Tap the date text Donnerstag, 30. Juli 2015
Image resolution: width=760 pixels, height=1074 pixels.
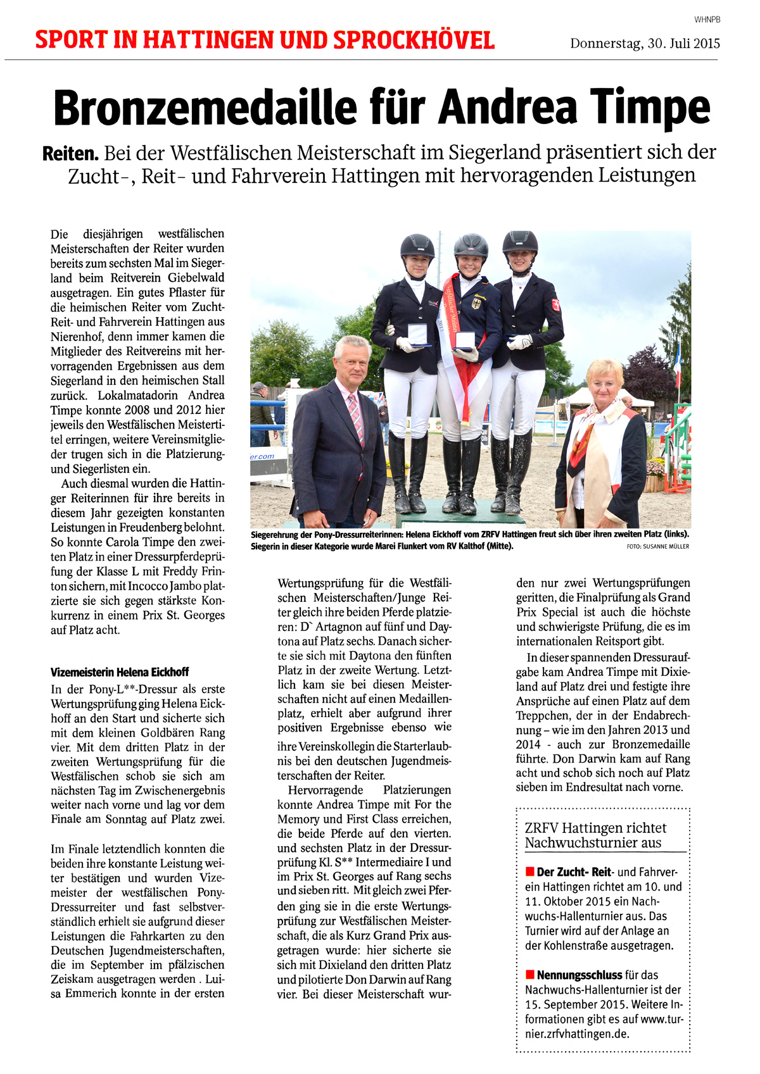click(645, 44)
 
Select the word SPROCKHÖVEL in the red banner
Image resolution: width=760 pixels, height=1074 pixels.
click(414, 41)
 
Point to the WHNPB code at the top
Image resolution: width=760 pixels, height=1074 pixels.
click(707, 20)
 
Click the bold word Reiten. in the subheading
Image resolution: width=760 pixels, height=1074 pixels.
click(70, 153)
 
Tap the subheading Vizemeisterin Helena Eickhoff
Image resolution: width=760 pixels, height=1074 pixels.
click(120, 672)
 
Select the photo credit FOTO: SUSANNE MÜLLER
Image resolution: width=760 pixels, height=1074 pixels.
click(657, 546)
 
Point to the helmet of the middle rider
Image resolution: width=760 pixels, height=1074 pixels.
click(471, 244)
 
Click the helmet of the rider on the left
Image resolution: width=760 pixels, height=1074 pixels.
click(417, 246)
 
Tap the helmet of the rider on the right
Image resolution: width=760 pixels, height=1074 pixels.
click(520, 241)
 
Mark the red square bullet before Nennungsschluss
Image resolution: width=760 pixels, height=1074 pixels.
click(529, 975)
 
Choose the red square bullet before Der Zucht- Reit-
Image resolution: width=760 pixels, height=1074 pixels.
click(529, 871)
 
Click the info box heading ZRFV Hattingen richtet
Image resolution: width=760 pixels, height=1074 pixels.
click(595, 828)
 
